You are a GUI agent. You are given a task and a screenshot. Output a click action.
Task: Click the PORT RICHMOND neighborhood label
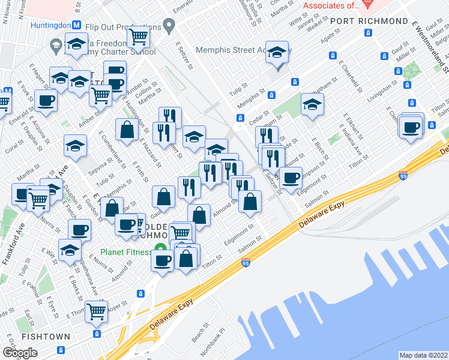(x=369, y=21)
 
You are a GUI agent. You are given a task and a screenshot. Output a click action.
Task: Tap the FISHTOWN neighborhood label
(x=46, y=337)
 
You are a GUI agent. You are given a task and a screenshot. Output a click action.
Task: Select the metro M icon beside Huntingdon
(x=76, y=26)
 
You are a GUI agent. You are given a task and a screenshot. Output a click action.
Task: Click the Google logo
(x=20, y=352)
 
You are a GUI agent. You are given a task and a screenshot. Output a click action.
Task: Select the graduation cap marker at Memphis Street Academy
(x=277, y=52)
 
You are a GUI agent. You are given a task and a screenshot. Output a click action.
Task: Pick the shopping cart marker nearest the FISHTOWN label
(x=96, y=311)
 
